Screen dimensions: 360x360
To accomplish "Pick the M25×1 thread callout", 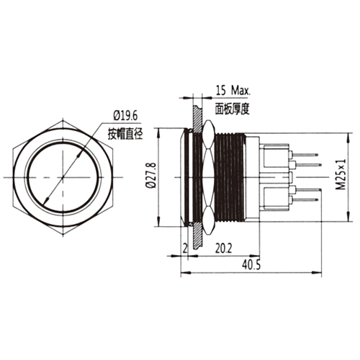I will click(341, 176).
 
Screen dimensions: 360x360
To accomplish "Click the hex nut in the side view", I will click(208, 176).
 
